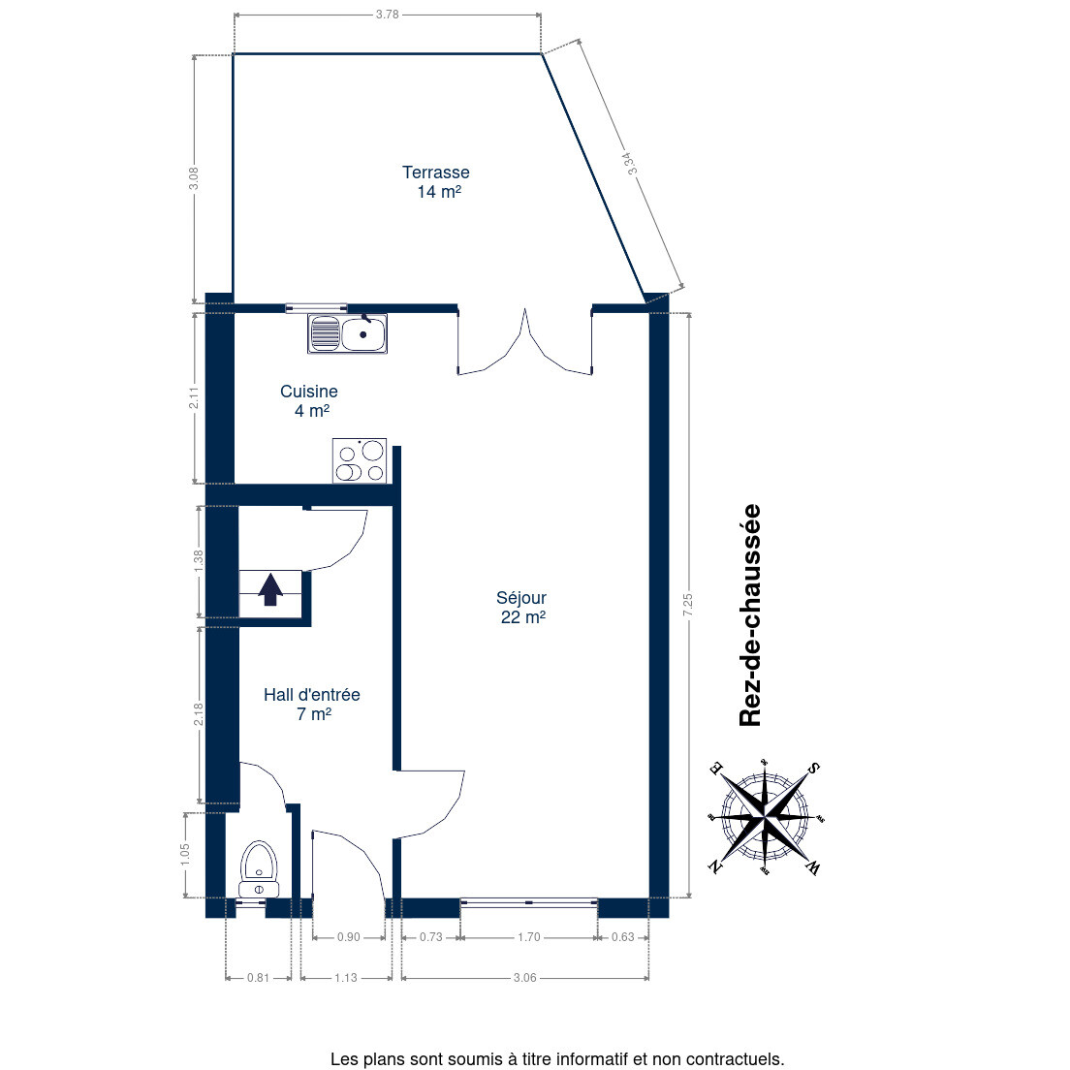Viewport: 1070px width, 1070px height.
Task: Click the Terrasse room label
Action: (x=435, y=181)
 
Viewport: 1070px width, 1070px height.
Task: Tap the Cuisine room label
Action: (x=309, y=400)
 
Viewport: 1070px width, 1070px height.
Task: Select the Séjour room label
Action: (x=522, y=607)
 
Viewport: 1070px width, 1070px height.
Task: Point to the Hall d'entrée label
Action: (x=312, y=704)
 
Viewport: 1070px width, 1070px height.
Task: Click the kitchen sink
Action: (x=347, y=333)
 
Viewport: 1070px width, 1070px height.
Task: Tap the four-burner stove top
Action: (x=360, y=461)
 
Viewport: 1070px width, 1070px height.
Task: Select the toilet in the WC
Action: (x=259, y=869)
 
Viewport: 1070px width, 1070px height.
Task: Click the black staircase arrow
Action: (x=270, y=589)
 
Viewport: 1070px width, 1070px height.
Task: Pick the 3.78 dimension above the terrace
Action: (x=387, y=15)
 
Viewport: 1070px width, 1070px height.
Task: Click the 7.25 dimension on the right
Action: (x=687, y=605)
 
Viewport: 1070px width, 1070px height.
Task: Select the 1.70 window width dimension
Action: (x=529, y=937)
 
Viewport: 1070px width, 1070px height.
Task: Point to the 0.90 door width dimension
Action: (x=349, y=937)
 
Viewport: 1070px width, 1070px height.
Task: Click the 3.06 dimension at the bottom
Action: (x=524, y=977)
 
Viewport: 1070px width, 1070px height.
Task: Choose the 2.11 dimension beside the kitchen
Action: (x=194, y=397)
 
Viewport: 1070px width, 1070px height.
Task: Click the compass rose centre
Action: (x=766, y=816)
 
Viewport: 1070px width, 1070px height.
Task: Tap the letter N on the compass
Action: (x=714, y=866)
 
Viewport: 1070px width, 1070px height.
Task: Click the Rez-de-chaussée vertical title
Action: (x=750, y=614)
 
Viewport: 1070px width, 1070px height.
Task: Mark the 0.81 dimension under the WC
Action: (x=258, y=977)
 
